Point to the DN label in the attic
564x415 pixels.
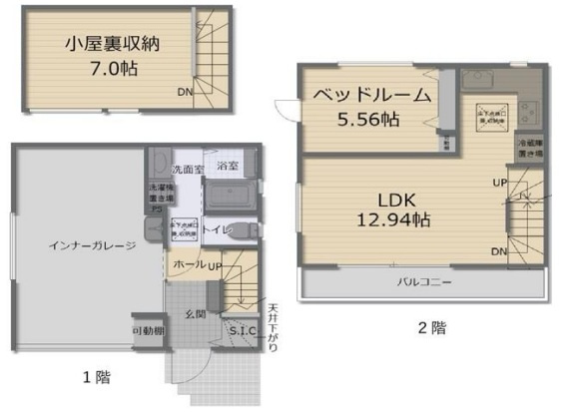click(186, 94)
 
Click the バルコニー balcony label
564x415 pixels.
click(424, 283)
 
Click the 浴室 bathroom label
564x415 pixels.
click(228, 165)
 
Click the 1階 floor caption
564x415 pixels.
click(96, 377)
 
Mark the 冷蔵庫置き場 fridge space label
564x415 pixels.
click(529, 149)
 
